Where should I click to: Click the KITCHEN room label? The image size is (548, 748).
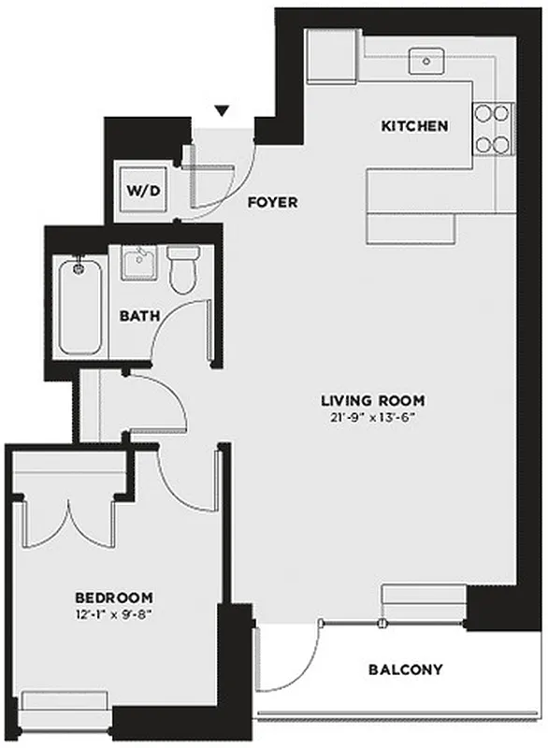coord(413,126)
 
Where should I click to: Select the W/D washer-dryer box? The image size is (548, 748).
coord(143,191)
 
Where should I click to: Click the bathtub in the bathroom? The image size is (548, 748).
coord(79,307)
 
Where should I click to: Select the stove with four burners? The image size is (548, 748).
coord(494,128)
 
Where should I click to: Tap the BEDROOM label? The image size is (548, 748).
coord(114,597)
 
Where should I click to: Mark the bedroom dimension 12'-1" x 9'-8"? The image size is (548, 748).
coord(114,614)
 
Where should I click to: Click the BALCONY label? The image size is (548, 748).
coord(405,670)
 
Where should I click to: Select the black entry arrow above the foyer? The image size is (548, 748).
coord(221,112)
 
